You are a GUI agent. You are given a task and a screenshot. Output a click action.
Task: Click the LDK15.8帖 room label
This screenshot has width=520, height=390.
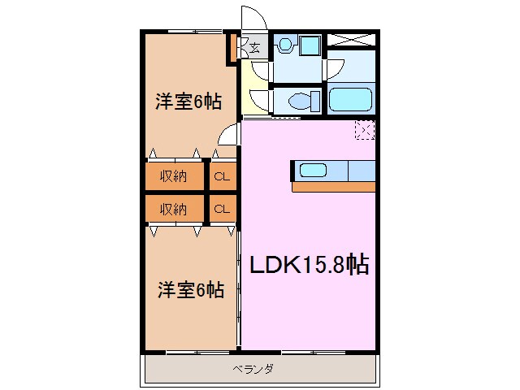[309, 265]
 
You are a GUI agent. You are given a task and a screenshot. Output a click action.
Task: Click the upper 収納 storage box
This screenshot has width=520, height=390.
[174, 175]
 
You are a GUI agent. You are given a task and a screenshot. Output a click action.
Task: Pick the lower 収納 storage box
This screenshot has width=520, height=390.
[174, 209]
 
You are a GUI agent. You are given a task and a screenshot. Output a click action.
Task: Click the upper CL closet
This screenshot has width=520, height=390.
[221, 175]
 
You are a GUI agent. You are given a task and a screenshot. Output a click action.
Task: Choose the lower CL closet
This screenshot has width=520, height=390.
[221, 209]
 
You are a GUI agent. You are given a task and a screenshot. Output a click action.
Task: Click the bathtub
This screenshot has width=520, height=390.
[350, 99]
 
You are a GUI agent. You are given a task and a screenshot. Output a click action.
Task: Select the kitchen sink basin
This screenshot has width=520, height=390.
[313, 170]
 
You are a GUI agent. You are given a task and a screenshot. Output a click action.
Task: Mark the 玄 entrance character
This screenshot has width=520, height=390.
[254, 48]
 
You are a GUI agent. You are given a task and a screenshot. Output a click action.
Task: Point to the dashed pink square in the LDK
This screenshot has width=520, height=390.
[365, 130]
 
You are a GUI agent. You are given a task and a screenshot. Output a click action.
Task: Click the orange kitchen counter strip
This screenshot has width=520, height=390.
[333, 186]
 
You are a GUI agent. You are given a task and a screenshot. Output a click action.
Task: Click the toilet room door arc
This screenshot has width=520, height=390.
[259, 100]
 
